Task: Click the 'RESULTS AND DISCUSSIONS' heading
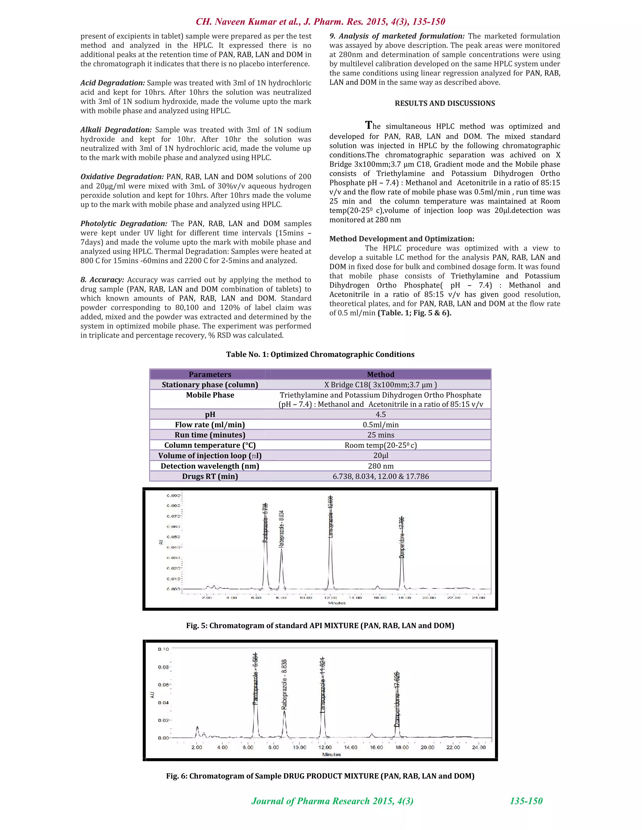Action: click(445, 103)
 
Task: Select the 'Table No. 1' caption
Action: click(320, 354)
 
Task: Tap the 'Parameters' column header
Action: click(210, 374)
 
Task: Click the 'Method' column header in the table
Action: click(380, 374)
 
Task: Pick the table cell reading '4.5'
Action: click(380, 414)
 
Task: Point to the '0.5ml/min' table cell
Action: click(380, 424)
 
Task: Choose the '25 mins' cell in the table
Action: click(380, 435)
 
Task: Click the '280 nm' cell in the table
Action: click(380, 466)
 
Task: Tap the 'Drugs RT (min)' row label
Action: click(210, 476)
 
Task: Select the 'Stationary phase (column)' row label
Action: click(210, 385)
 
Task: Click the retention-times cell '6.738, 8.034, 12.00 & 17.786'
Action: click(380, 476)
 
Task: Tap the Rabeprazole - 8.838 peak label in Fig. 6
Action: click(284, 684)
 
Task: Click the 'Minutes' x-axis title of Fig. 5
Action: click(337, 603)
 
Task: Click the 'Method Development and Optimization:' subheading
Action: click(402, 239)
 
